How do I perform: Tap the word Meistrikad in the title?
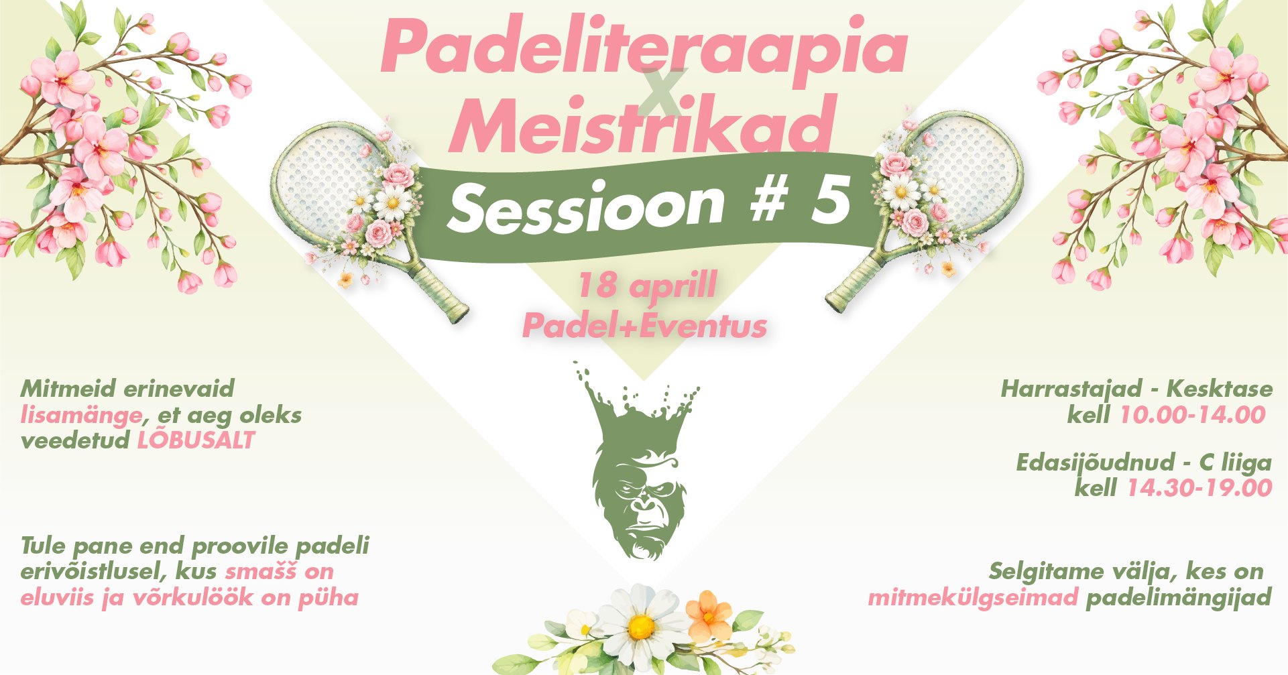click(x=642, y=124)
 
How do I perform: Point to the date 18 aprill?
click(x=646, y=286)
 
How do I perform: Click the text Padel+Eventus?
click(x=644, y=326)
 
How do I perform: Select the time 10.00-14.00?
click(x=1192, y=415)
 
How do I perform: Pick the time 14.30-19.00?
click(x=1199, y=488)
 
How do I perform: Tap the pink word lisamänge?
click(x=81, y=416)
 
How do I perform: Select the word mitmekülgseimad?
click(x=973, y=597)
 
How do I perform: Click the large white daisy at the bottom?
click(x=640, y=627)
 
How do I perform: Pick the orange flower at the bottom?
click(x=708, y=613)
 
